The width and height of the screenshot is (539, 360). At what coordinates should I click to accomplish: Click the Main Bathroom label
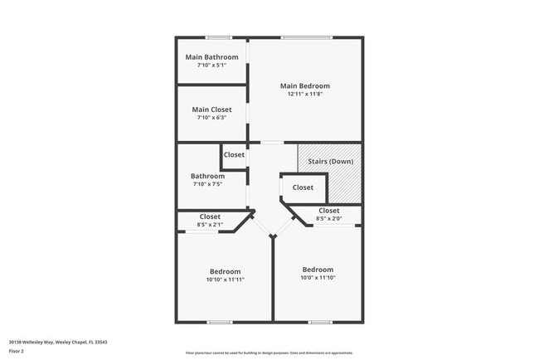click(x=211, y=57)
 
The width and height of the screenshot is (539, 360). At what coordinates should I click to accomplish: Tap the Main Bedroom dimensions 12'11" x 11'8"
click(x=304, y=95)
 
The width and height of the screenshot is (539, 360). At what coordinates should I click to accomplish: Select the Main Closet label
click(x=211, y=109)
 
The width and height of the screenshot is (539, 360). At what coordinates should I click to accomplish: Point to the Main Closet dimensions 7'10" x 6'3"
click(x=211, y=118)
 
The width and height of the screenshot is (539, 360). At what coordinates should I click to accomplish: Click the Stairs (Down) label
click(x=330, y=161)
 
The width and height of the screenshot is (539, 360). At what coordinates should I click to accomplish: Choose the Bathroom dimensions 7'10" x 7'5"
click(x=207, y=184)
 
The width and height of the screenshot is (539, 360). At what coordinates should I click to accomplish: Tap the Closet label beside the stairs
click(x=303, y=187)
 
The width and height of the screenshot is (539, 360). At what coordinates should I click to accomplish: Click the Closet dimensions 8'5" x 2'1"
click(x=210, y=225)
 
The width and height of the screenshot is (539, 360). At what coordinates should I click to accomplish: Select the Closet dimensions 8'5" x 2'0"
click(x=329, y=219)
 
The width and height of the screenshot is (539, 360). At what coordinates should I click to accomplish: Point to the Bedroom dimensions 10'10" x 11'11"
click(x=225, y=280)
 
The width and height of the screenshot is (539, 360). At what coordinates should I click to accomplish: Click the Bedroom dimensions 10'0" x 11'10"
click(x=318, y=278)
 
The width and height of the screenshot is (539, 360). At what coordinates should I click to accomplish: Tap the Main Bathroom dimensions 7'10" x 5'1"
click(x=211, y=66)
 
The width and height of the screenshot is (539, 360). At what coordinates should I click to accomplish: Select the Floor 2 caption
click(x=17, y=351)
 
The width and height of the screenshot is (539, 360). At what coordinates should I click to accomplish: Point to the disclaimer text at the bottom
click(x=269, y=353)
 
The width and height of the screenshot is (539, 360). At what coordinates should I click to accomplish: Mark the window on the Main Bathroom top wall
click(x=219, y=37)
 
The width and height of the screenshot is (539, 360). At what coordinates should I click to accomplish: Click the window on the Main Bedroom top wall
click(x=307, y=37)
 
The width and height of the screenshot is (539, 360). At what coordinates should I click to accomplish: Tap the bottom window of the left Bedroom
click(x=220, y=322)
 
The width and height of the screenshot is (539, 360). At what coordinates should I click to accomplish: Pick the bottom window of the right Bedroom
click(x=320, y=322)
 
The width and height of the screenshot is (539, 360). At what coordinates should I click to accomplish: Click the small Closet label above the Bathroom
click(x=234, y=155)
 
